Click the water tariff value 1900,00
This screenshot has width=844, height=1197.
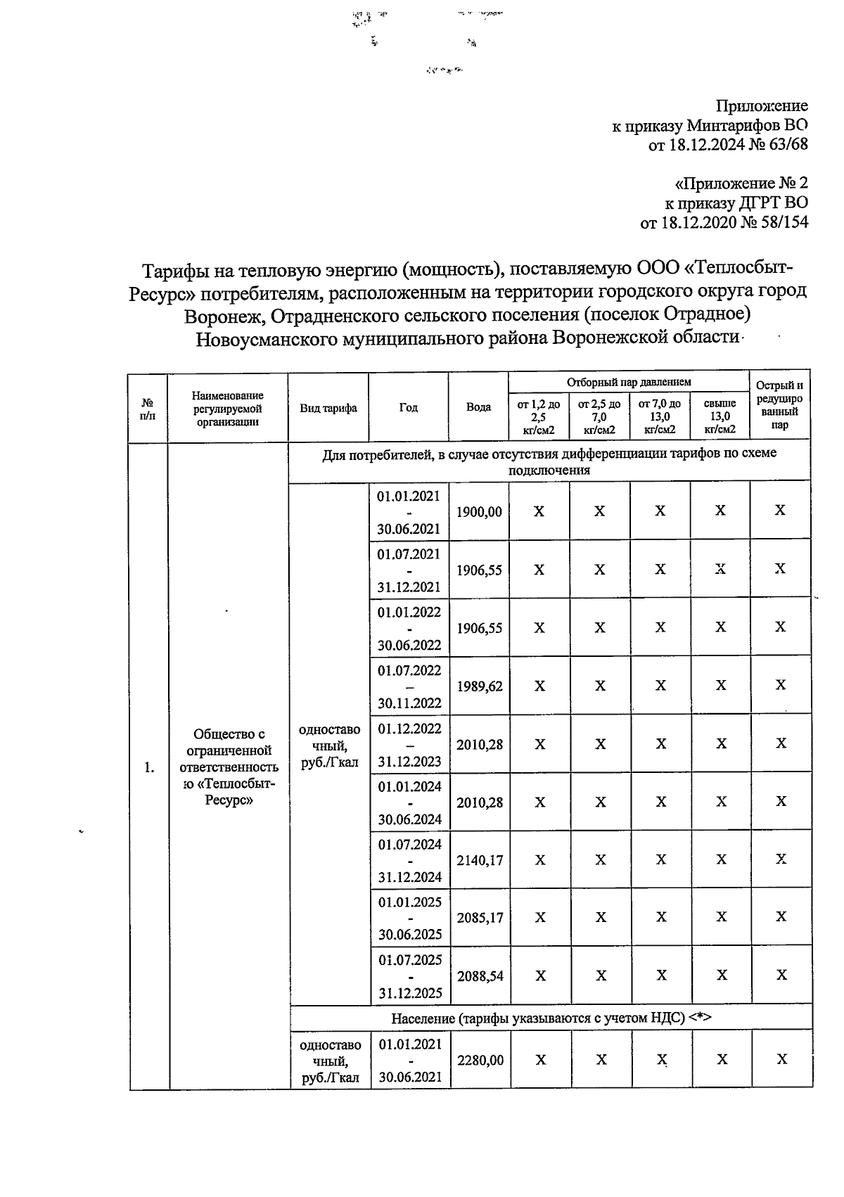[x=479, y=512]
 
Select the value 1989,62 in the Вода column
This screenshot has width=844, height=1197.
[x=479, y=686]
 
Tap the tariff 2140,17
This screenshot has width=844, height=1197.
[x=480, y=860]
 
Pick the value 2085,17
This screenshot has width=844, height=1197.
[x=480, y=918]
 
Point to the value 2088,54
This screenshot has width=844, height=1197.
[x=480, y=976]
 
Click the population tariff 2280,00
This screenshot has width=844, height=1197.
[x=480, y=1060]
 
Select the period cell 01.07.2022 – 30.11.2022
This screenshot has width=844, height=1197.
[x=409, y=686]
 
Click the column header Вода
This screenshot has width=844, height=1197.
[x=478, y=408]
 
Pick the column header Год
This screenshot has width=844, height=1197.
[x=408, y=408]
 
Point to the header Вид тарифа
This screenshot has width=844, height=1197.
[x=328, y=408]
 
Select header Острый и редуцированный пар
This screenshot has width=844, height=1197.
[x=779, y=405]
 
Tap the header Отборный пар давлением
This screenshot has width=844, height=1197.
[x=629, y=382]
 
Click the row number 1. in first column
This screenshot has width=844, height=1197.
[x=149, y=767]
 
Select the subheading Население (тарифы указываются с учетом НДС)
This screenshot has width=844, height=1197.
[x=551, y=1018]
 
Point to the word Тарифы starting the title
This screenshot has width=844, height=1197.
[x=174, y=270]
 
